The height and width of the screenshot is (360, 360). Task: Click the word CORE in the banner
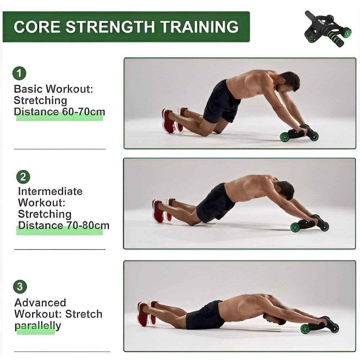click(37, 27)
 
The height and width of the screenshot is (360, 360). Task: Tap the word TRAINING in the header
click(199, 27)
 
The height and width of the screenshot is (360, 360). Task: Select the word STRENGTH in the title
click(110, 27)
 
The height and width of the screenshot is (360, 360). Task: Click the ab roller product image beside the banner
click(328, 29)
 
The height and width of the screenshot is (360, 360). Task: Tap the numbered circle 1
click(19, 73)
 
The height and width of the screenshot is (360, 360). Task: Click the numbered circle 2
click(23, 177)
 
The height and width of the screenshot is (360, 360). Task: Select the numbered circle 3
click(20, 287)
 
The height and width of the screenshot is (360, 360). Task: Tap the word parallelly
click(38, 326)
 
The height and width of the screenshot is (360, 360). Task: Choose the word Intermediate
click(50, 191)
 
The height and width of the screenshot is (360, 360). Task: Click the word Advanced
click(40, 303)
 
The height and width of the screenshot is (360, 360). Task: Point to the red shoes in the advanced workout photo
click(147, 314)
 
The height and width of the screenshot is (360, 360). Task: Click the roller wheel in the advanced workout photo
click(306, 329)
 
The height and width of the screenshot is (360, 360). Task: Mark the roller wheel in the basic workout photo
click(285, 137)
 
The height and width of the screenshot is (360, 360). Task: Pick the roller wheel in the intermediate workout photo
click(296, 227)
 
